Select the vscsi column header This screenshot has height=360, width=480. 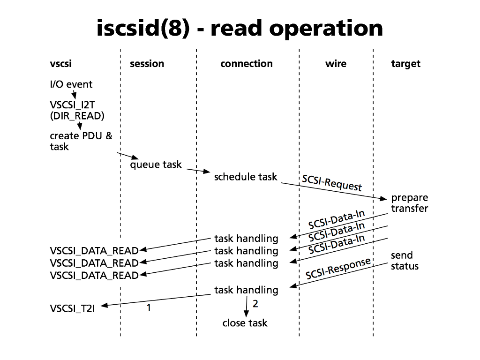click(x=61, y=64)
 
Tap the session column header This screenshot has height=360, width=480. click(x=147, y=64)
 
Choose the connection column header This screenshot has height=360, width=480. click(x=247, y=64)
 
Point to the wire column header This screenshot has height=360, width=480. click(x=336, y=64)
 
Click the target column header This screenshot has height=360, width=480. click(x=406, y=64)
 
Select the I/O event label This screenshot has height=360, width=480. click(x=71, y=84)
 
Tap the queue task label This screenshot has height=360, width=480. click(x=156, y=165)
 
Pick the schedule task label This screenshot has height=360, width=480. click(x=246, y=177)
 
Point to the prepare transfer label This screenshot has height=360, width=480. click(x=409, y=203)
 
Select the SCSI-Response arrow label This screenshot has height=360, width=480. click(x=338, y=269)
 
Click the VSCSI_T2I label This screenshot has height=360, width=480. click(x=73, y=308)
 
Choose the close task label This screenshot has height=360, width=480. click(x=245, y=323)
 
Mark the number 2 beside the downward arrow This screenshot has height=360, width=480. click(x=255, y=303)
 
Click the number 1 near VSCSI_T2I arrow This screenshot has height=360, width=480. click(x=149, y=308)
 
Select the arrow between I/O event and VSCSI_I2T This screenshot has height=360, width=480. click(x=74, y=96)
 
